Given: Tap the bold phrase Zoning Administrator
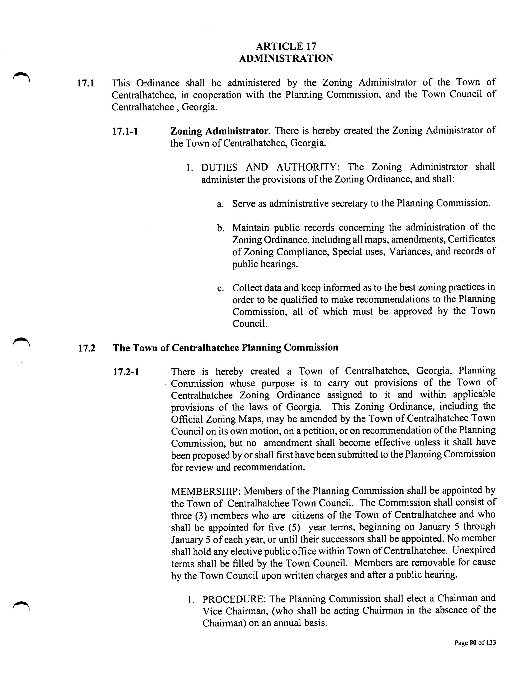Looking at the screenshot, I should (219, 131).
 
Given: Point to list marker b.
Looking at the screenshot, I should (220, 229).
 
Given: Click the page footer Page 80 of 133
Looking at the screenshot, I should (475, 643).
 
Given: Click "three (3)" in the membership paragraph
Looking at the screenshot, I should (189, 516).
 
